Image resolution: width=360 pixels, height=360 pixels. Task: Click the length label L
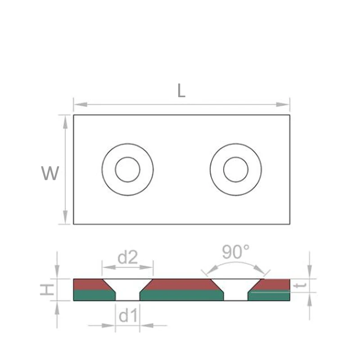click(181, 91)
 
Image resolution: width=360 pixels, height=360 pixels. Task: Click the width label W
click(50, 173)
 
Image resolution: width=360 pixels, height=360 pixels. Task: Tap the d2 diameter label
click(127, 257)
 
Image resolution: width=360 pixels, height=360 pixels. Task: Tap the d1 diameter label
click(127, 316)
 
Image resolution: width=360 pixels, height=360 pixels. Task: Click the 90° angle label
click(236, 252)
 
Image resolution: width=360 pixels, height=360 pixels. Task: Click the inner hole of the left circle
click(127, 170)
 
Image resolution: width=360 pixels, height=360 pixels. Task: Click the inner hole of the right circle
click(235, 170)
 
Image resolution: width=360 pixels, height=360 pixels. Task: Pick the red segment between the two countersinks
click(181, 284)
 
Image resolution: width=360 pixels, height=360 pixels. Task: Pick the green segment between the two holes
click(181, 295)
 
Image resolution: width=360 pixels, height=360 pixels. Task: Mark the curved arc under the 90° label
click(236, 262)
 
